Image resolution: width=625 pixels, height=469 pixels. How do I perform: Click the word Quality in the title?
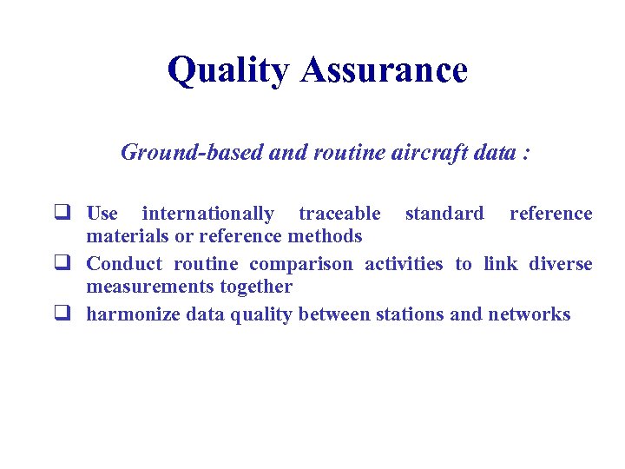[229, 70]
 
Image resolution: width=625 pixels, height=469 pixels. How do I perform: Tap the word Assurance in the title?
[384, 70]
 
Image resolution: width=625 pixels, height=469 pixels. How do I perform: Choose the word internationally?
[208, 214]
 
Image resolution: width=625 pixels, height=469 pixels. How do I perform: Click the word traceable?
[339, 214]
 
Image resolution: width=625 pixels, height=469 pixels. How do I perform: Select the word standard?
[444, 214]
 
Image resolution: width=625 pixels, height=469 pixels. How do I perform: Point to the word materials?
[126, 236]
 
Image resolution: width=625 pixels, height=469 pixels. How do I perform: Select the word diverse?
[559, 264]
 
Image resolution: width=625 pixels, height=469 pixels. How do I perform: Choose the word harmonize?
[133, 314]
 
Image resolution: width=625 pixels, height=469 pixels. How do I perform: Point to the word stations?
[410, 314]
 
